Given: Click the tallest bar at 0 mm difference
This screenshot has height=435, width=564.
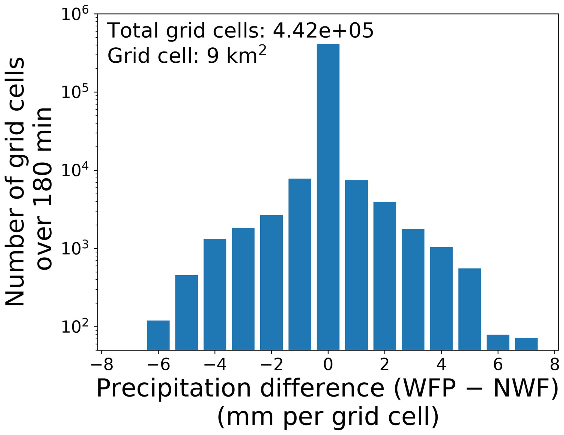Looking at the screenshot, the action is coord(328,197).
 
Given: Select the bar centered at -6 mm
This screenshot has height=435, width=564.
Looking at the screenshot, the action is coord(158,335).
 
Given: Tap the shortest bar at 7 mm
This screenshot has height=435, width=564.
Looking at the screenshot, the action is coord(526,344).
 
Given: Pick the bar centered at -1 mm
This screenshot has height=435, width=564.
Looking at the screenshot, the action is coord(300,264).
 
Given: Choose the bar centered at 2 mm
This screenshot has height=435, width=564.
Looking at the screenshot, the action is coord(385,276).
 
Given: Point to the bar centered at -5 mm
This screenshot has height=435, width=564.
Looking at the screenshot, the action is coord(187,313).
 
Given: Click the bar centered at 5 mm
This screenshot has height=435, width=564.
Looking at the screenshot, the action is coord(470,309).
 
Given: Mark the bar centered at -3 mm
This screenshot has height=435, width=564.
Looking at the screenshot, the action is coord(243,289).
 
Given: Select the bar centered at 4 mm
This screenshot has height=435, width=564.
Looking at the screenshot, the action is coord(441,299).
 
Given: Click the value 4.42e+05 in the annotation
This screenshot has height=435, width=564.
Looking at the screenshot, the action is coord(323,31).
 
